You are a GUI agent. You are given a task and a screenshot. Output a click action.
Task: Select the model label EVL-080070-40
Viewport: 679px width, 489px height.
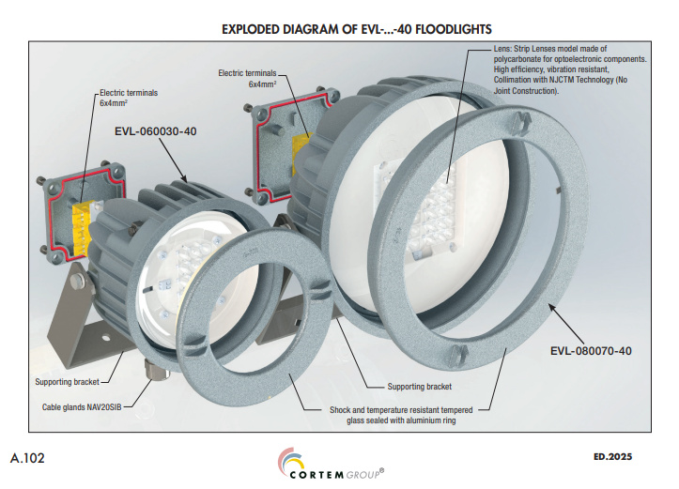tap(591, 351)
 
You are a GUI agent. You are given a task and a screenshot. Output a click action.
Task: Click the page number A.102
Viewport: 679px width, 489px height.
tap(29, 458)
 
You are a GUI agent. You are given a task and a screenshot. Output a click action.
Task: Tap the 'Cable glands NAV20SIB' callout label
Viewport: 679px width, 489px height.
tap(80, 407)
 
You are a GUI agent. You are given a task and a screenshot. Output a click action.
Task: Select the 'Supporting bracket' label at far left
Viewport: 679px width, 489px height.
tap(67, 382)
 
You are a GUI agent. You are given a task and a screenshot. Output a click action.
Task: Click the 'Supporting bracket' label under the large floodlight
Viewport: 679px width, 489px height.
tap(420, 387)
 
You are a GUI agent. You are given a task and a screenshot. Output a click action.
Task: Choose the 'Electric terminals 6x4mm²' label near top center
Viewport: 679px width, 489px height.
tap(249, 78)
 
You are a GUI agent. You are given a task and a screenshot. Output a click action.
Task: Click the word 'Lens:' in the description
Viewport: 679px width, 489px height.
tap(478, 47)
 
